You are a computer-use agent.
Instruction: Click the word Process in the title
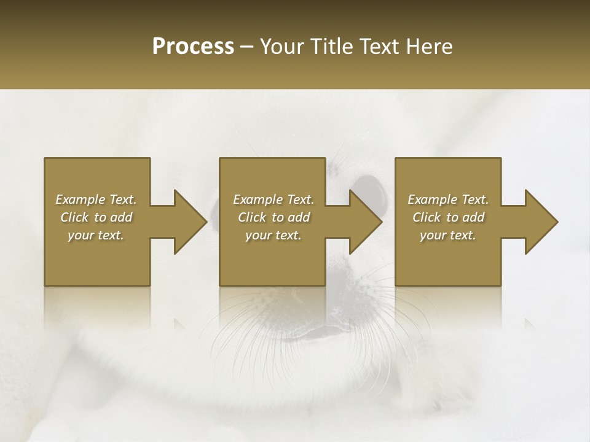[193, 47]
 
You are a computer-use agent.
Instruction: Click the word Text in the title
[380, 47]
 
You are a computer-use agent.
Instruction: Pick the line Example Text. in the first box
[96, 200]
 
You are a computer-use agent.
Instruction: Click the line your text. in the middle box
[273, 235]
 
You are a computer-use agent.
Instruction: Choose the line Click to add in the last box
[448, 217]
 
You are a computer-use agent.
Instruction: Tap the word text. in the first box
[110, 235]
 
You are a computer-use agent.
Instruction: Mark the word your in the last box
[433, 235]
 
